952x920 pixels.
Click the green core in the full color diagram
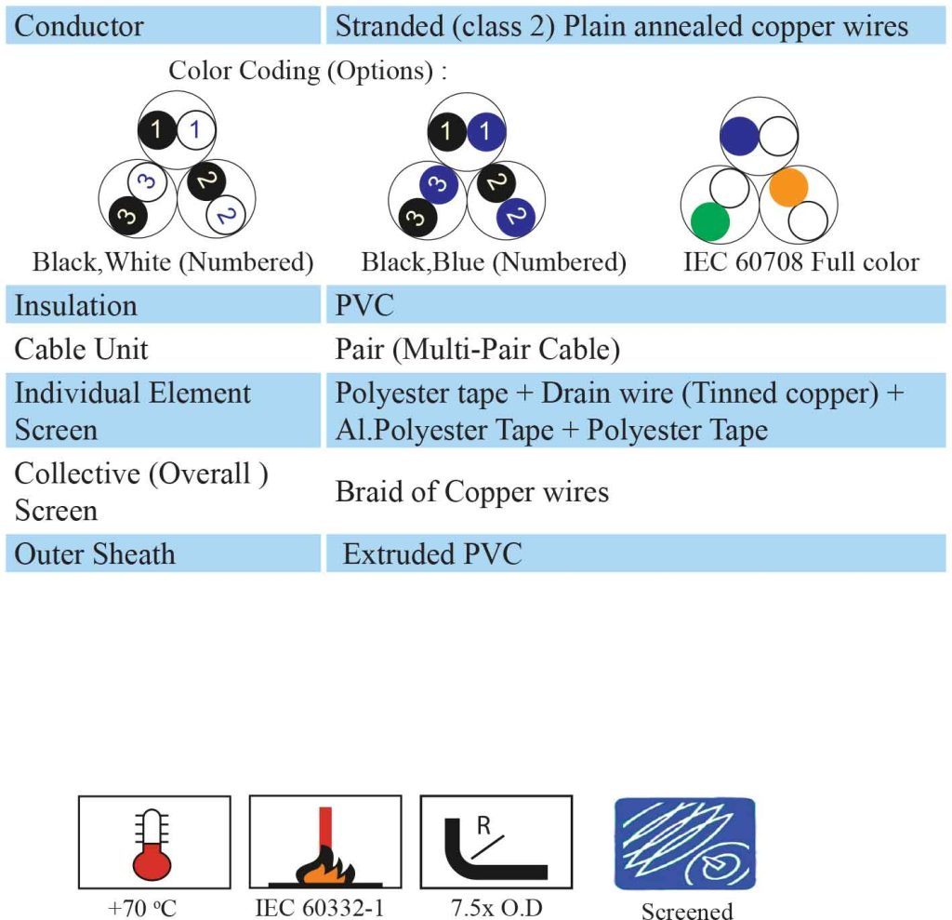(709, 221)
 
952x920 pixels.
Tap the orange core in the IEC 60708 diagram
(788, 187)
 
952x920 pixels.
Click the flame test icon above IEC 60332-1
(325, 842)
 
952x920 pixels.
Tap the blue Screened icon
(685, 844)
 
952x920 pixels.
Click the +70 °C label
(142, 908)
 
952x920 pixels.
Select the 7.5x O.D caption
(496, 907)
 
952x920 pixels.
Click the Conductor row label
(79, 26)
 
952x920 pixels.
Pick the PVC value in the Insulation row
(364, 305)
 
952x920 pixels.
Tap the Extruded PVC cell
(432, 553)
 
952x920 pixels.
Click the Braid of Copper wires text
(471, 491)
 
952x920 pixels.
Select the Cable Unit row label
(82, 350)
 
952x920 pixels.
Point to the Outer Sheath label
(95, 554)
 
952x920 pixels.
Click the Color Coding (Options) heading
(308, 71)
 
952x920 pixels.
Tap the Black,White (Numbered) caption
(173, 262)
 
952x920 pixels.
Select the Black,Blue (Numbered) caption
(494, 262)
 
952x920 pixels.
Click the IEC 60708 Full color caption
(801, 262)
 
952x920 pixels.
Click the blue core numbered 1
(485, 131)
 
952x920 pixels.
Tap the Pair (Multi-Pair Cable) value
(478, 350)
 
